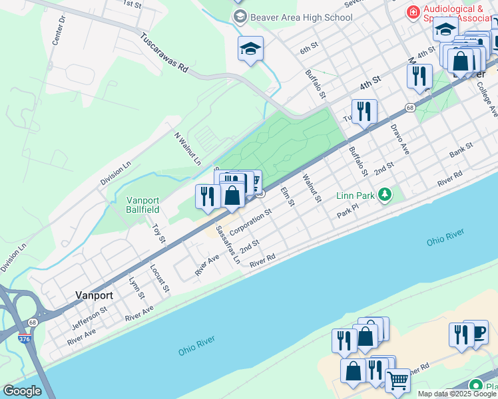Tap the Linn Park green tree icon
(384, 194)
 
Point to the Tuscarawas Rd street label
(164, 54)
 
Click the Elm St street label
(287, 196)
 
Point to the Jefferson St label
(90, 316)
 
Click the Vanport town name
(94, 295)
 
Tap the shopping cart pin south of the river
(397, 380)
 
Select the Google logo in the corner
(22, 391)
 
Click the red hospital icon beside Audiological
(413, 12)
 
